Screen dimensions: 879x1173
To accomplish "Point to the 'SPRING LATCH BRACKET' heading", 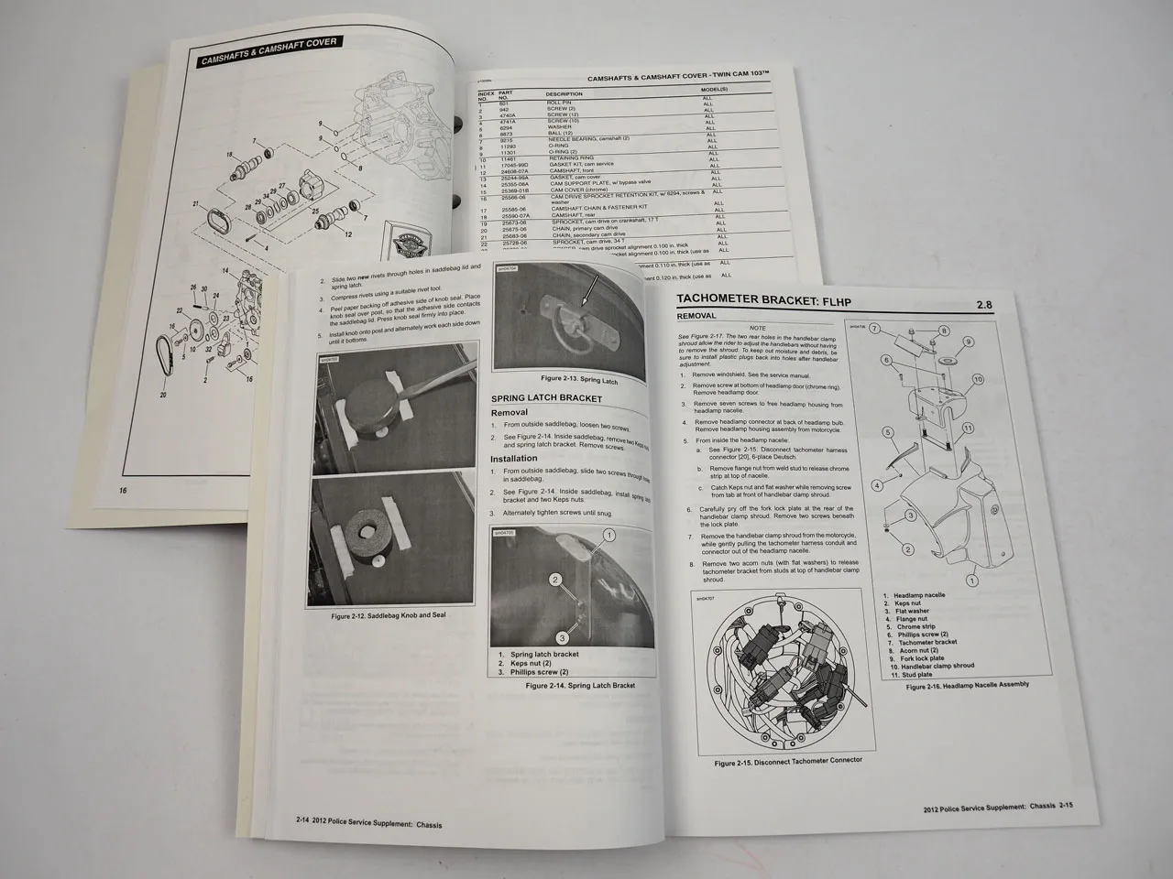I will click(x=547, y=399).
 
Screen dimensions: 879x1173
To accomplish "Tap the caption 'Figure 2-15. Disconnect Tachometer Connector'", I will click(x=788, y=760).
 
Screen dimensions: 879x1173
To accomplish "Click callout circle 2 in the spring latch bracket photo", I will click(x=554, y=580).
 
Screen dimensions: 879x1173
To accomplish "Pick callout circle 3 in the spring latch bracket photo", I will click(x=565, y=637).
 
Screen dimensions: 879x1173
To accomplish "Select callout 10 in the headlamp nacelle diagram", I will click(x=978, y=378).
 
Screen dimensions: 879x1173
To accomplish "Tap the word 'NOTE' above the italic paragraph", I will click(x=757, y=327).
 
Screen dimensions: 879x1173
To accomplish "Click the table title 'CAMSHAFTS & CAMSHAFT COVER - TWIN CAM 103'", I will click(x=675, y=79).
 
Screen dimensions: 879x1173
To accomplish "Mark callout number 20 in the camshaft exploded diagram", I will click(x=162, y=396).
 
